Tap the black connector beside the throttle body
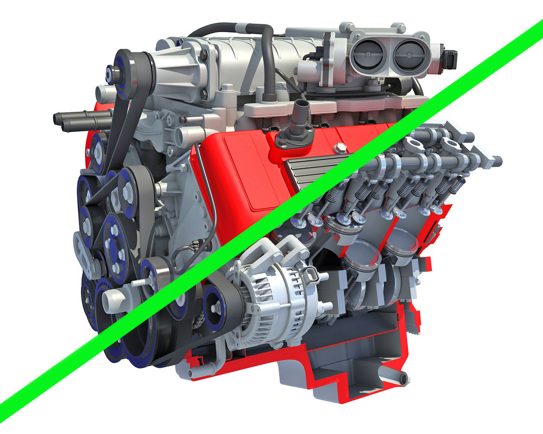tap(450, 56)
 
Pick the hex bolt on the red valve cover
tap(340, 148)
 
